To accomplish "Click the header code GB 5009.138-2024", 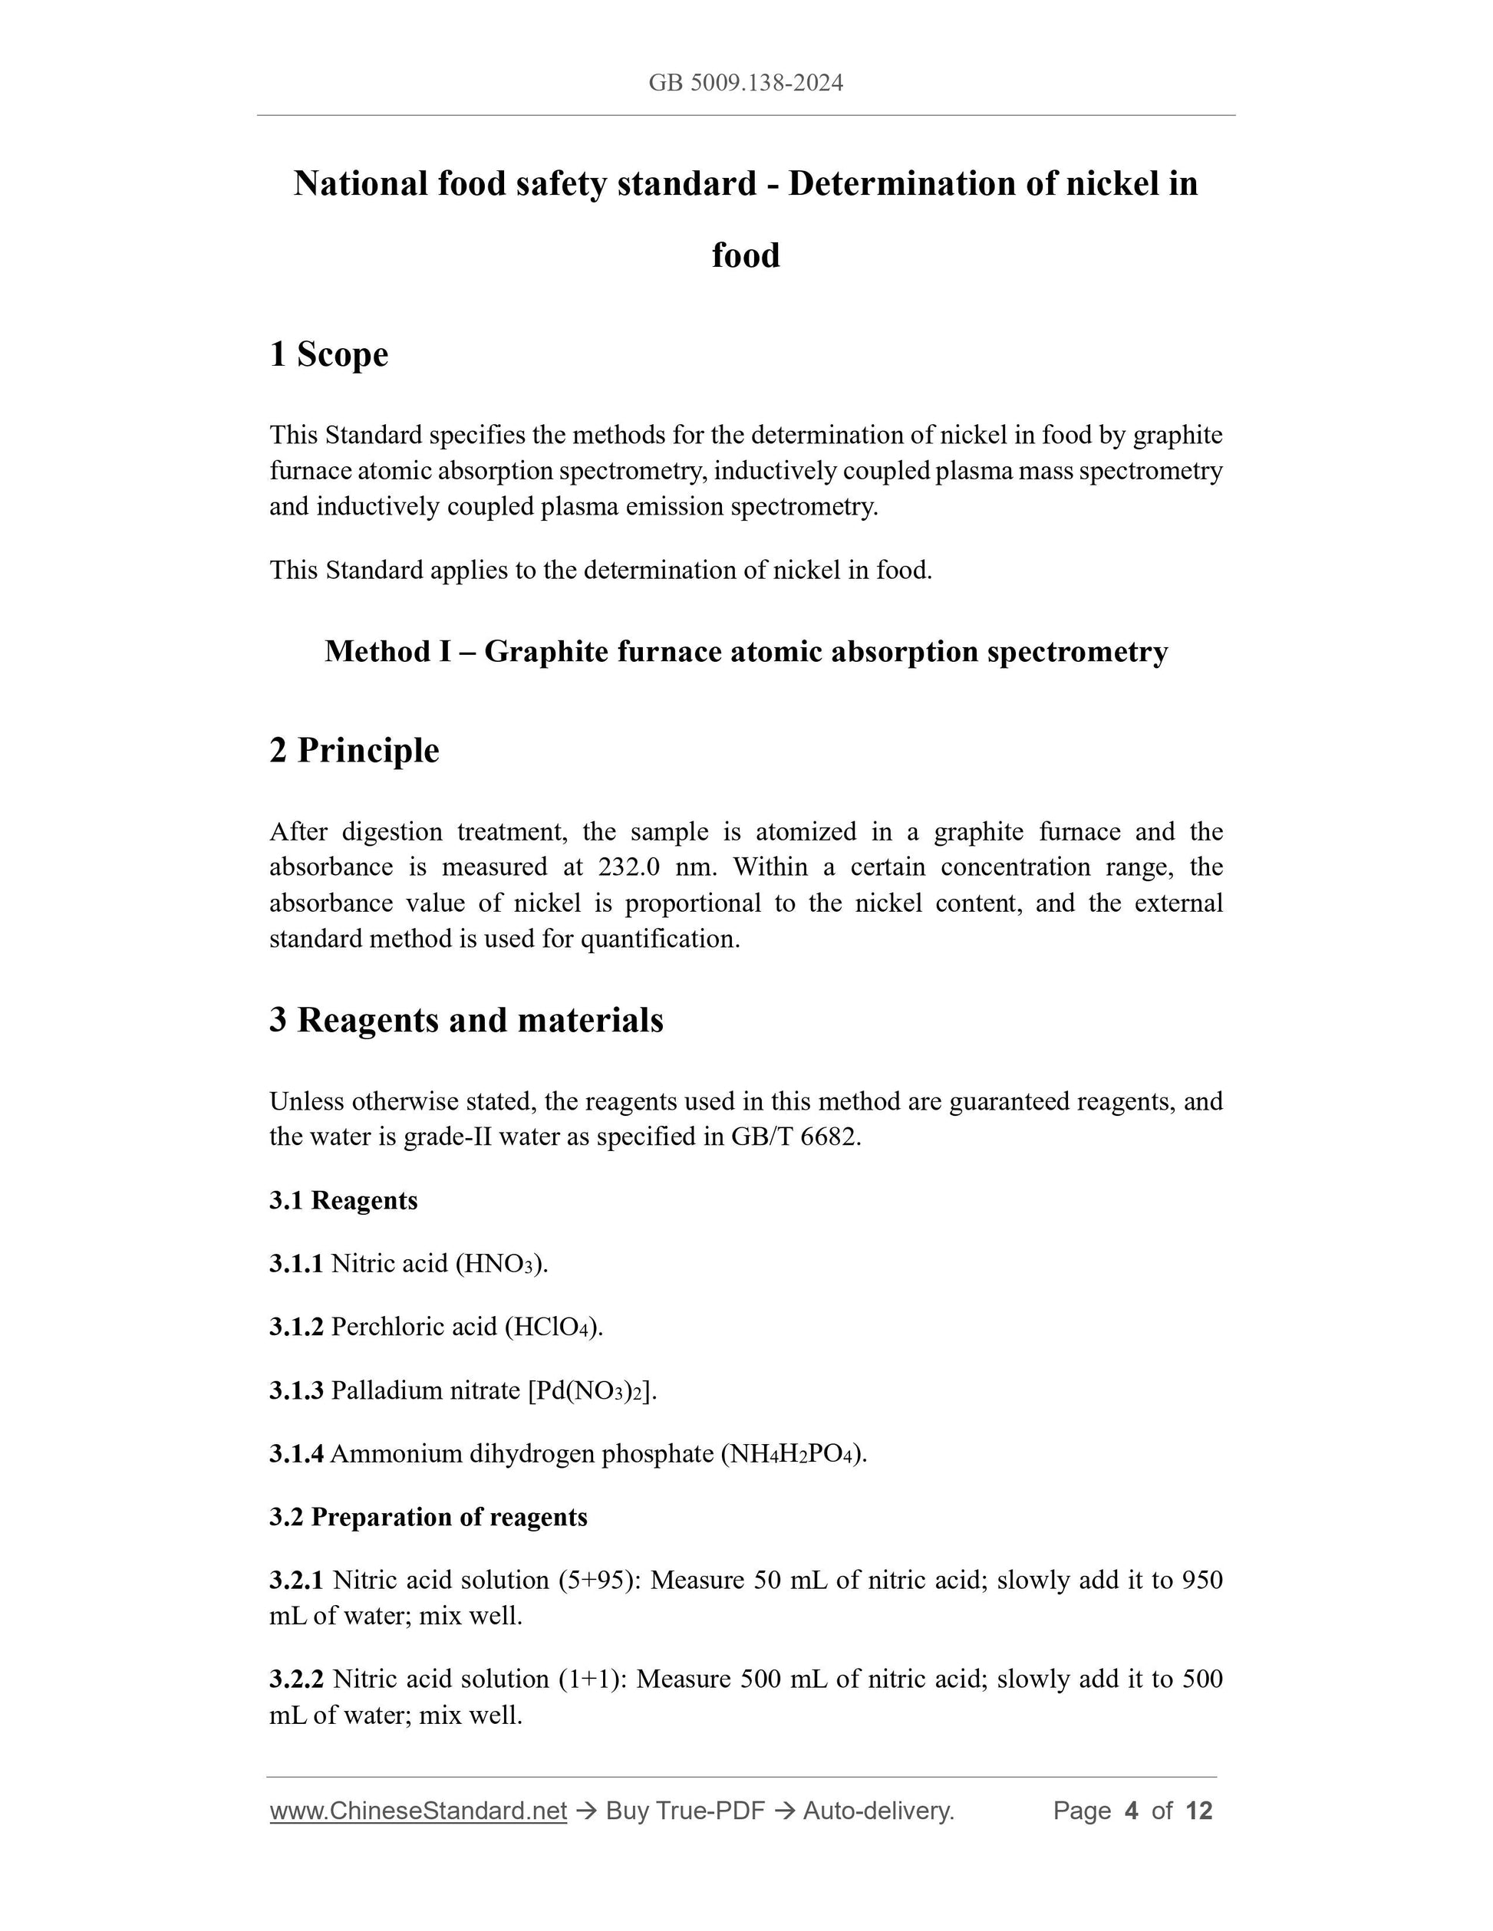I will tap(746, 83).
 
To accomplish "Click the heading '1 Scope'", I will tap(329, 354).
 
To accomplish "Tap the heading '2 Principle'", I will tap(354, 751).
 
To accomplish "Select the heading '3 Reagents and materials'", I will tap(466, 1020).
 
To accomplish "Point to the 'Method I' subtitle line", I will tap(746, 652).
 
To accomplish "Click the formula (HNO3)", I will tap(502, 1265).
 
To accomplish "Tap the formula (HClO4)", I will tap(554, 1327).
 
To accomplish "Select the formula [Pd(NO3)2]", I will tap(592, 1391).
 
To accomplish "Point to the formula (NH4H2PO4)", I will tap(793, 1455).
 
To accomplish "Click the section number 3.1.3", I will tap(296, 1391).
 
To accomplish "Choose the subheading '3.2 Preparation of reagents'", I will tap(428, 1517).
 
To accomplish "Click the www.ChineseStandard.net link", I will tap(418, 1811).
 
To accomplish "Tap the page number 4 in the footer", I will tap(1130, 1811).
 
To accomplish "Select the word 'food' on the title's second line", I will tap(746, 255).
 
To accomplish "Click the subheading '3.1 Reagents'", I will tap(343, 1201).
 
